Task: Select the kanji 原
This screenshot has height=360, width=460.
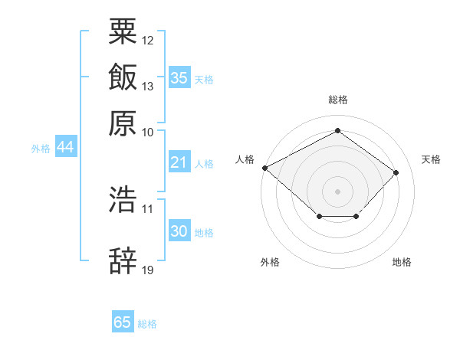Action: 123,123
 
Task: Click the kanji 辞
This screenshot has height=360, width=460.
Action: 123,261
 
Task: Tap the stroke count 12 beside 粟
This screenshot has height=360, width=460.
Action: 148,40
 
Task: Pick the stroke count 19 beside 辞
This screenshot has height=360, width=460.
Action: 148,270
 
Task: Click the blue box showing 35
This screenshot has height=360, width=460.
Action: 179,77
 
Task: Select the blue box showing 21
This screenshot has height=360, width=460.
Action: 179,162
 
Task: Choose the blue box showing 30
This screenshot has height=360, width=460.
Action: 179,231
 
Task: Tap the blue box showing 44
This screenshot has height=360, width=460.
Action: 65,148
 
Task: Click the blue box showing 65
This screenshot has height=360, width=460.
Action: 123,322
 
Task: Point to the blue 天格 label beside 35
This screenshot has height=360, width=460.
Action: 204,80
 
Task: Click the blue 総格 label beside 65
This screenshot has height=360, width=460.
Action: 147,324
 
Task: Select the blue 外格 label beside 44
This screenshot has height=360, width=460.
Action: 41,149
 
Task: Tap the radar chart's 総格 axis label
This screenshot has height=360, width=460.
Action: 338,100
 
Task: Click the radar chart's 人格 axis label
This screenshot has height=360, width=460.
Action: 245,159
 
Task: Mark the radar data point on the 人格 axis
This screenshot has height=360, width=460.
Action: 264,168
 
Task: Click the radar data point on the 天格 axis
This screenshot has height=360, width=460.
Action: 396,172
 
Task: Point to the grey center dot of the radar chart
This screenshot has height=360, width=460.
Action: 337,191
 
